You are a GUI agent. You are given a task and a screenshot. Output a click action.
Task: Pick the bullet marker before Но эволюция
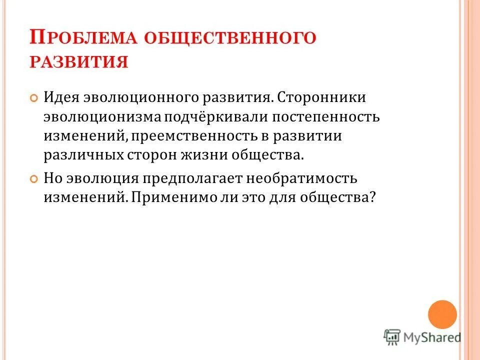(x=34, y=178)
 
